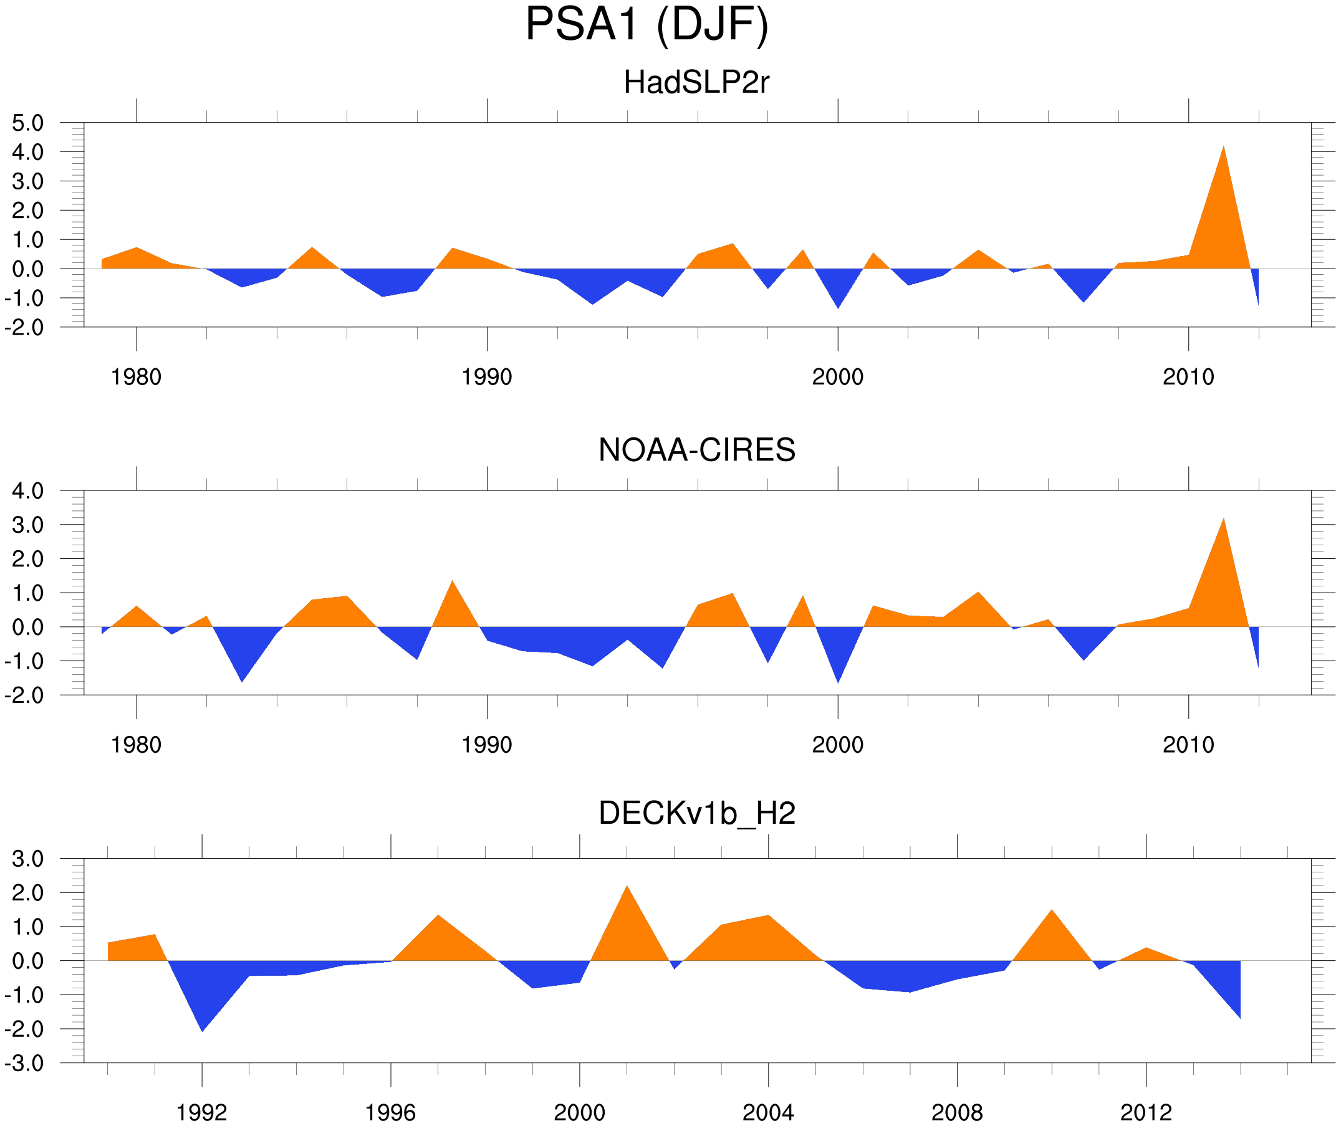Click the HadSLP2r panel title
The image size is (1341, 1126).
pos(696,83)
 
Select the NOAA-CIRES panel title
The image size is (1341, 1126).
pos(696,450)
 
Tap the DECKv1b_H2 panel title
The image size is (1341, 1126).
pos(696,813)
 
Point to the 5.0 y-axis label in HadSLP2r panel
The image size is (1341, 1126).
pos(28,123)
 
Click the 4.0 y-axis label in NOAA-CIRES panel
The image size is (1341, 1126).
pos(28,491)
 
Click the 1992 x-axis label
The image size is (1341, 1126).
pos(202,1112)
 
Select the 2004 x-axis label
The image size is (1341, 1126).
pos(767,1112)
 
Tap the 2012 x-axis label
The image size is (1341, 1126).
pos(1146,1112)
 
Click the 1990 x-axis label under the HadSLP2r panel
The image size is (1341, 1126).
pos(487,377)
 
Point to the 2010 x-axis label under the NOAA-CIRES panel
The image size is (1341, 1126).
pos(1188,745)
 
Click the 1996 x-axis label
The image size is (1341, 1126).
pos(390,1112)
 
